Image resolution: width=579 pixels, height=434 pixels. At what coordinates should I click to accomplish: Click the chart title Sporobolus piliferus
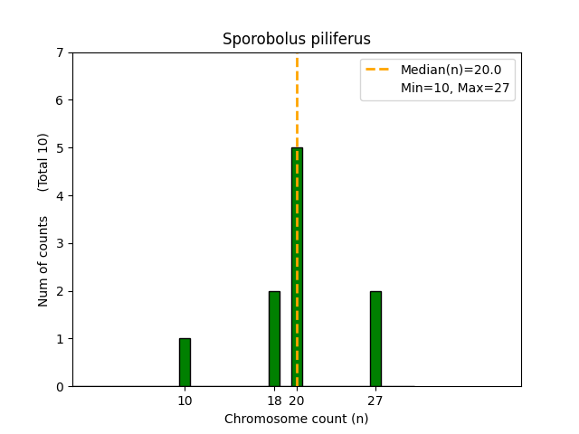click(x=297, y=40)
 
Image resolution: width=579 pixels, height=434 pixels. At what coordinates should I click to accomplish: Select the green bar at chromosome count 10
click(x=185, y=363)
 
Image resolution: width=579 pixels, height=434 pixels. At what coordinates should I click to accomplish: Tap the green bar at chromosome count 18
click(x=274, y=339)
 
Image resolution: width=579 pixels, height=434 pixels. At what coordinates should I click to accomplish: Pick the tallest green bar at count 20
click(x=297, y=267)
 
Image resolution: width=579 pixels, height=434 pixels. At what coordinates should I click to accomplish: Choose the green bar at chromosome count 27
click(x=375, y=339)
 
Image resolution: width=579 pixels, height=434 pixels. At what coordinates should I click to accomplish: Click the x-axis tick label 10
click(x=185, y=401)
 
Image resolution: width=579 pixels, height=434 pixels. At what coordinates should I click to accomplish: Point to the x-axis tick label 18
click(x=274, y=401)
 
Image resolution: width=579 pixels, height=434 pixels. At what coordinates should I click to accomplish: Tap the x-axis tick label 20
click(x=297, y=401)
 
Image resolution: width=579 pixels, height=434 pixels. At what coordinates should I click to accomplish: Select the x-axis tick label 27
click(x=375, y=401)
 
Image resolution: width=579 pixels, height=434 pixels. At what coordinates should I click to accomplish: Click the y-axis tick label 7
click(x=60, y=52)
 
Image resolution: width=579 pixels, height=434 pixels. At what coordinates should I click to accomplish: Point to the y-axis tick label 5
click(x=60, y=148)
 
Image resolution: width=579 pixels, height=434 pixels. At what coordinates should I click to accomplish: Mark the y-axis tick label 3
click(x=60, y=243)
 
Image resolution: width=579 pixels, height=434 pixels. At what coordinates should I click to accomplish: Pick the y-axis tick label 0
click(x=60, y=387)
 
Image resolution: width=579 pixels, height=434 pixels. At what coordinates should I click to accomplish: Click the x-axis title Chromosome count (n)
click(x=297, y=419)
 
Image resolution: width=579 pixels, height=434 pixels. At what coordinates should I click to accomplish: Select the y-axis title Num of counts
click(x=43, y=261)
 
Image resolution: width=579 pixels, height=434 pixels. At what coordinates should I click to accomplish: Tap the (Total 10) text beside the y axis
click(x=43, y=162)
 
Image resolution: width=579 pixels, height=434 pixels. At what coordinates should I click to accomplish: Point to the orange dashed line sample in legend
click(x=378, y=70)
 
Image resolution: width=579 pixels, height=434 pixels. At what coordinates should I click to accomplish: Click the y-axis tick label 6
click(x=60, y=100)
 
